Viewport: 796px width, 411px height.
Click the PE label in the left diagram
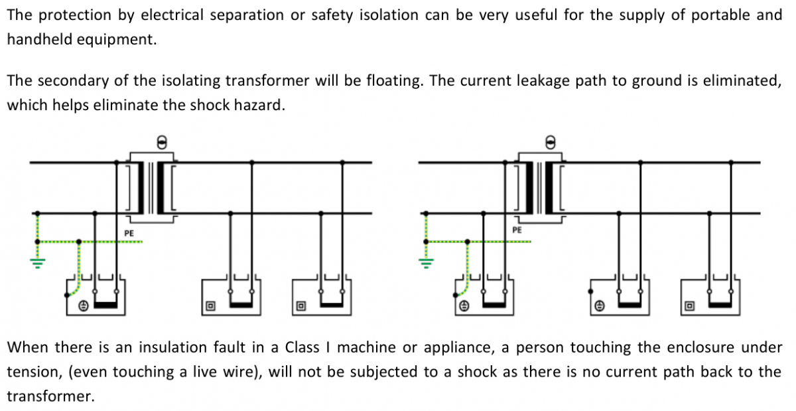tap(130, 233)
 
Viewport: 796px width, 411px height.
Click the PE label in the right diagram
tap(517, 230)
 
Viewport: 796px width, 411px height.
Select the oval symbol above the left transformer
tap(160, 141)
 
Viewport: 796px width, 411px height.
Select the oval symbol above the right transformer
tap(549, 141)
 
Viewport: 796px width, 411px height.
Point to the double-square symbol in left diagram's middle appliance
tap(210, 306)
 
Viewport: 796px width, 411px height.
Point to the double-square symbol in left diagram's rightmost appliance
tap(301, 306)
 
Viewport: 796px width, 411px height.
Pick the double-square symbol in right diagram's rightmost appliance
tap(690, 306)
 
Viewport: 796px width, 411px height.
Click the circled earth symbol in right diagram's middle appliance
tap(600, 306)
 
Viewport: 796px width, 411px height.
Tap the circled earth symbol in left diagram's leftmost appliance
tap(84, 306)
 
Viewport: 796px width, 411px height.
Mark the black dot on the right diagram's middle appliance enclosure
tap(590, 291)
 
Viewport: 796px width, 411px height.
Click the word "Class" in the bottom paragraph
tap(302, 347)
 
